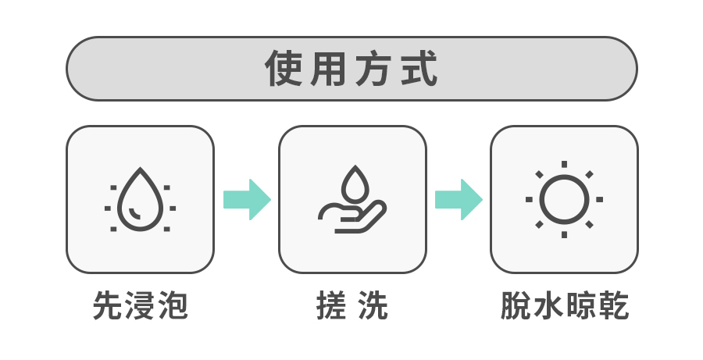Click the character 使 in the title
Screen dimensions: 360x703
coord(284,69)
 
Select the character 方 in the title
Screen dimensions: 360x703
coord(375,69)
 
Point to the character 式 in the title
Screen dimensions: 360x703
coord(419,69)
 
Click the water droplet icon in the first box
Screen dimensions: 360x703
coord(140,199)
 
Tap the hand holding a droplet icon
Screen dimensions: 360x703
coord(352,200)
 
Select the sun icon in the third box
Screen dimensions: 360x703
coord(564,199)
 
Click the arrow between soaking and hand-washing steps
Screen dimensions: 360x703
coord(246,199)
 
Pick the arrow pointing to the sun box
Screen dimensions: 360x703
coord(458,199)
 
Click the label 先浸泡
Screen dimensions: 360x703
coord(141,306)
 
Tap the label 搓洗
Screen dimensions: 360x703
coord(352,306)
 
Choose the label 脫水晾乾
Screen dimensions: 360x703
coord(564,306)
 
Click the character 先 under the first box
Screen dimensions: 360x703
coord(108,306)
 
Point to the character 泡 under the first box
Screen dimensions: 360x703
coord(173,306)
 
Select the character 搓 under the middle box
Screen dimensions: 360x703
coord(332,306)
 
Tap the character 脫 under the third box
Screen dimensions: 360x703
coord(515,306)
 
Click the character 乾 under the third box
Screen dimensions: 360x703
coord(613,306)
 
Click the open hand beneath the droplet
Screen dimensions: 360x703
coord(351,217)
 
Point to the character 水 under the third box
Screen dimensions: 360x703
coord(548,306)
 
